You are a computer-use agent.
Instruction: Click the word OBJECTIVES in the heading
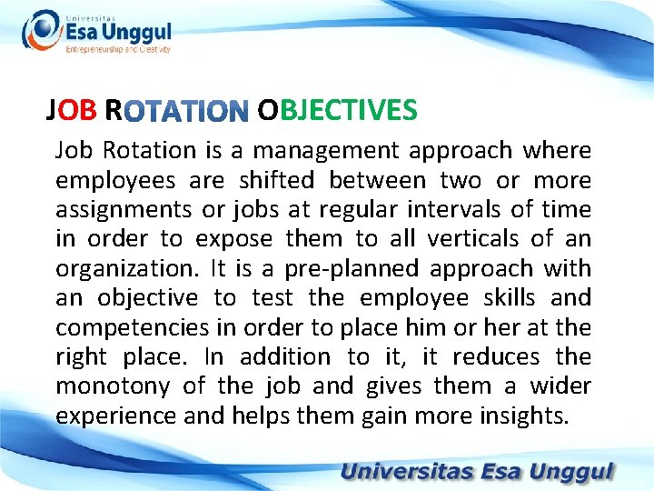tap(337, 111)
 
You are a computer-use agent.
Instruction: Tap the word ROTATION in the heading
tap(185, 113)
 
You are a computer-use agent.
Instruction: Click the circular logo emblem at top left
tap(41, 32)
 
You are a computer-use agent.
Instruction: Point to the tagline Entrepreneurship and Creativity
tap(118, 49)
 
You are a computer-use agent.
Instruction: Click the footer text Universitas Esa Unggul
tap(478, 473)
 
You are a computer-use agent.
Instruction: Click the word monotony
tap(113, 386)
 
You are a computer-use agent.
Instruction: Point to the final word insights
tap(521, 416)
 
